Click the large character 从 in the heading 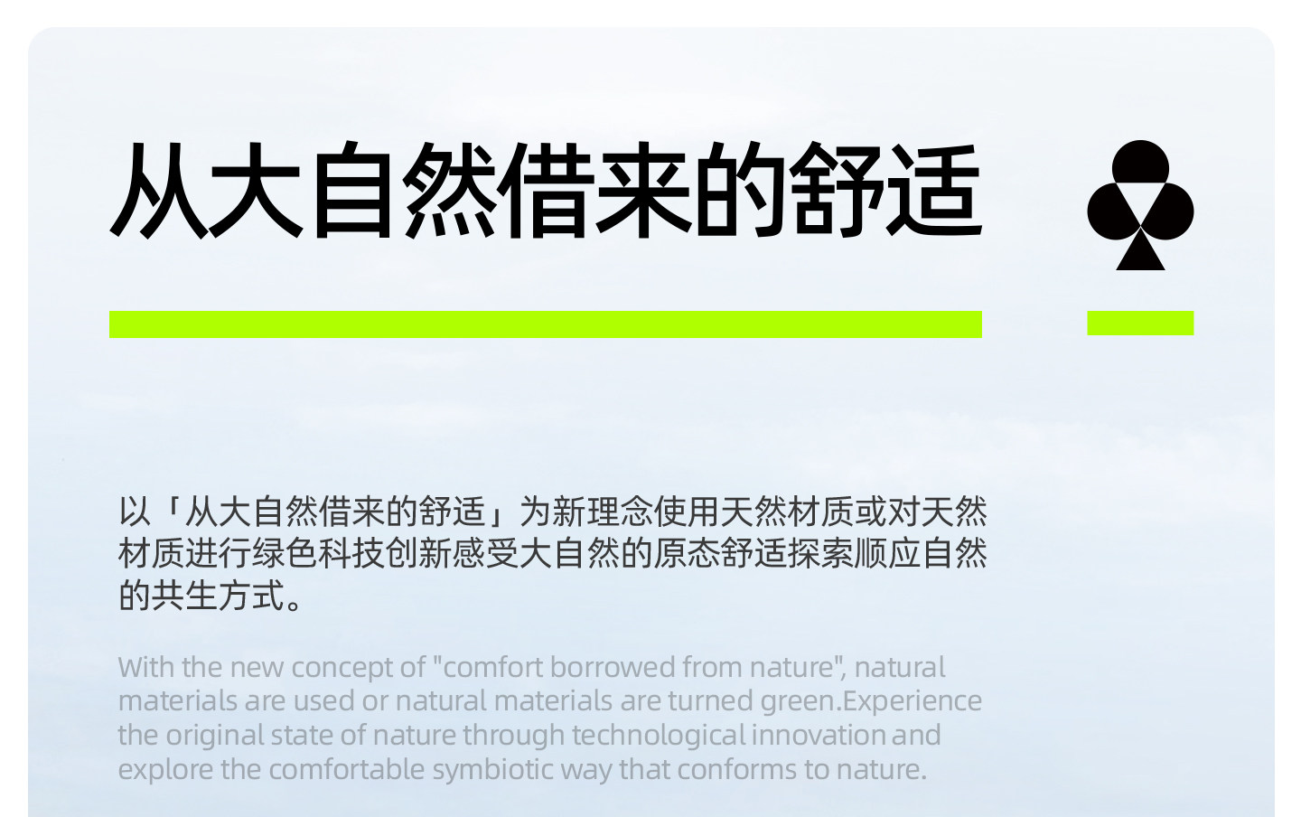point(158,190)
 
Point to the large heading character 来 point(643,190)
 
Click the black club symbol point(1140,204)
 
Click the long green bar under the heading point(546,324)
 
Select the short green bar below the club point(1140,323)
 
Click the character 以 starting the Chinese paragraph point(134,512)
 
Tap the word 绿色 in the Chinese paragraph point(285,554)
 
